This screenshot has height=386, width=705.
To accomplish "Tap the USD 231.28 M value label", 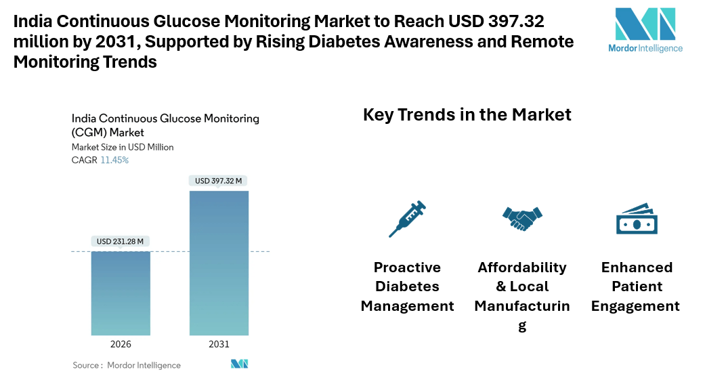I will pos(121,241).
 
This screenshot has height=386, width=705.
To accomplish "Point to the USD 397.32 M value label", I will pos(218,181).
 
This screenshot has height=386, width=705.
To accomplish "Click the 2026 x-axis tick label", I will pos(121,344).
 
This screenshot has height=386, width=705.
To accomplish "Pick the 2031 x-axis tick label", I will pos(219,344).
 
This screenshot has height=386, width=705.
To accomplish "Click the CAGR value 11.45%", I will pos(114,160).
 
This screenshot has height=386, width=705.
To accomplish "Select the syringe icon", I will pos(407,219).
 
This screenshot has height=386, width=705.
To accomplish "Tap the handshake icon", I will pos(522,218).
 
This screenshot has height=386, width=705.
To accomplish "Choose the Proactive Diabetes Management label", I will pos(407,286).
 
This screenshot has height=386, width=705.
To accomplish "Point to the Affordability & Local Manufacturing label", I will pos(522,296).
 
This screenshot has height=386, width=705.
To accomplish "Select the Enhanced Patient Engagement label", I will pos(636,286).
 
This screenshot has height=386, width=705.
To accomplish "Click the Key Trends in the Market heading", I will pos(467,114).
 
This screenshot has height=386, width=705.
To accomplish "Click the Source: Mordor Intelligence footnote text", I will pos(127,365).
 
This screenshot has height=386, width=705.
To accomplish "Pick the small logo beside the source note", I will pos(239,364).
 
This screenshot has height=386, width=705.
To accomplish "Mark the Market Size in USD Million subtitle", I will pos(123,147).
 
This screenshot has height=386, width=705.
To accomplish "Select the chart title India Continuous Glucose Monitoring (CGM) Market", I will pos(165,125).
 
